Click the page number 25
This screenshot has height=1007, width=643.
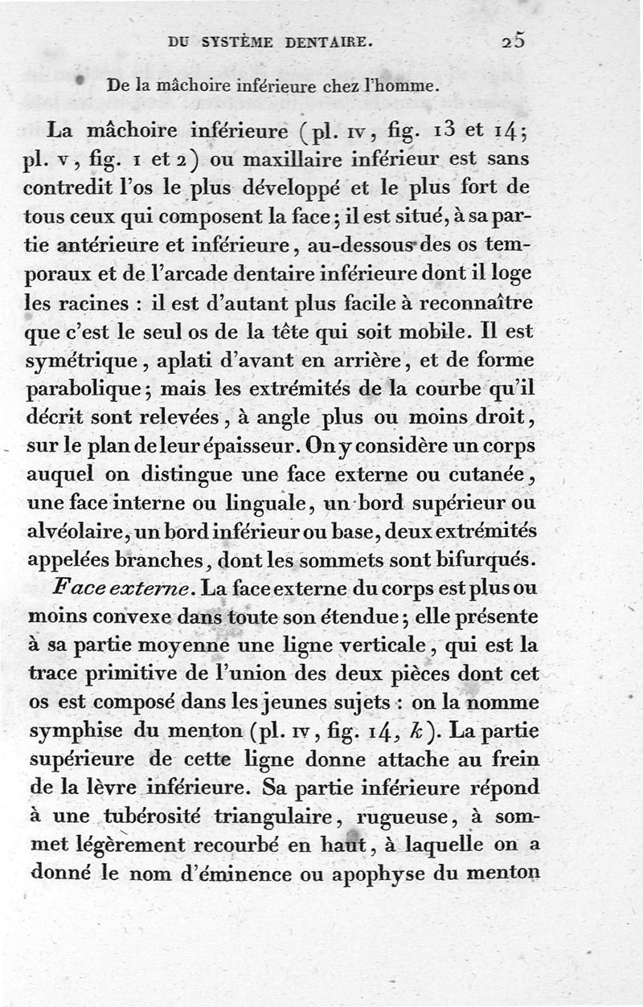[511, 40]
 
